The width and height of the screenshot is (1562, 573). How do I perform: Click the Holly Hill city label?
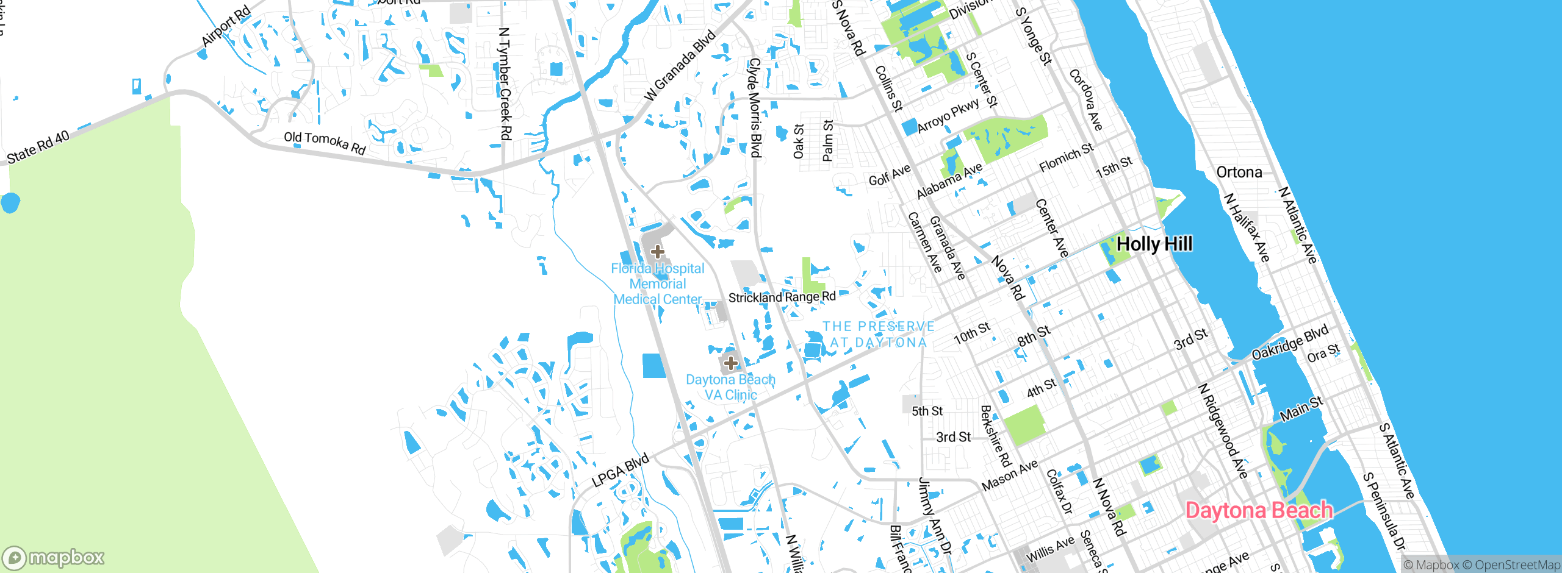pyautogui.click(x=1154, y=244)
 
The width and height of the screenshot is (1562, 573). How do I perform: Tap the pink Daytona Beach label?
pyautogui.click(x=1258, y=510)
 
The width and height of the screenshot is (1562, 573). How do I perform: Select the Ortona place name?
pyautogui.click(x=1239, y=173)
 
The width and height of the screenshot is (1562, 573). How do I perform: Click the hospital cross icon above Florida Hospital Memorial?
pyautogui.click(x=657, y=251)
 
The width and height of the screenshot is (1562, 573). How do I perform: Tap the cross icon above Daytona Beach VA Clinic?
pyautogui.click(x=730, y=363)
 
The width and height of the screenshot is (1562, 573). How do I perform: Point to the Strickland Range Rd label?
pyautogui.click(x=782, y=297)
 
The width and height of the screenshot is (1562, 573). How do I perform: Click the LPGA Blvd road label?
pyautogui.click(x=620, y=471)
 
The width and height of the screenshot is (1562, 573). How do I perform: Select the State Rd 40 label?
pyautogui.click(x=38, y=148)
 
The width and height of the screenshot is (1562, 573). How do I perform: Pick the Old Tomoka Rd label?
pyautogui.click(x=325, y=143)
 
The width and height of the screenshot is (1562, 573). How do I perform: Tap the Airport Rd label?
pyautogui.click(x=226, y=26)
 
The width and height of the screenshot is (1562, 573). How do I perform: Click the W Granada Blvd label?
pyautogui.click(x=680, y=66)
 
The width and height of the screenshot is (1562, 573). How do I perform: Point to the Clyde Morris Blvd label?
pyautogui.click(x=755, y=107)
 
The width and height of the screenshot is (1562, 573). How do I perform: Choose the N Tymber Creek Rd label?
pyautogui.click(x=505, y=84)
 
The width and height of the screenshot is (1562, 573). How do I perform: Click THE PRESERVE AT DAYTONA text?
pyautogui.click(x=878, y=335)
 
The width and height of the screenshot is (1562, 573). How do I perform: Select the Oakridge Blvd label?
pyautogui.click(x=1289, y=343)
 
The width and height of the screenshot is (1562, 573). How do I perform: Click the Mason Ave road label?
pyautogui.click(x=1009, y=475)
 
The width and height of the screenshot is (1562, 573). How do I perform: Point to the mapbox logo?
pyautogui.click(x=54, y=558)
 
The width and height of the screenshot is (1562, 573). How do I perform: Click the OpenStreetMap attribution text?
pyautogui.click(x=1517, y=565)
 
